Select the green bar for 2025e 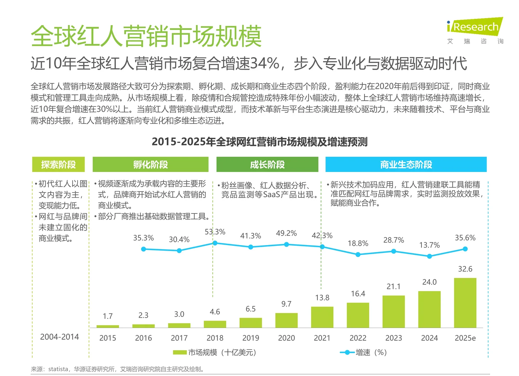click(465, 303)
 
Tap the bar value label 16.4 click(358, 294)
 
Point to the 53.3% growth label click(215, 232)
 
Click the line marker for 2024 click(429, 256)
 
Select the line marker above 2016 click(143, 249)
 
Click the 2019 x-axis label click(251, 338)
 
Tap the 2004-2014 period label click(60, 337)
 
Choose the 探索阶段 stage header click(58, 164)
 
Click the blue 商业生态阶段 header click(406, 164)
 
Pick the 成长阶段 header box click(267, 164)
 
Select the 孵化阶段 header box click(150, 164)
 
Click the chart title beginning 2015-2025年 click(259, 142)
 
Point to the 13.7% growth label click(429, 245)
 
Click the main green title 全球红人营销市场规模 click(146, 36)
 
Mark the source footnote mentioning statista click(118, 369)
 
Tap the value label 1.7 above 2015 click(108, 316)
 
